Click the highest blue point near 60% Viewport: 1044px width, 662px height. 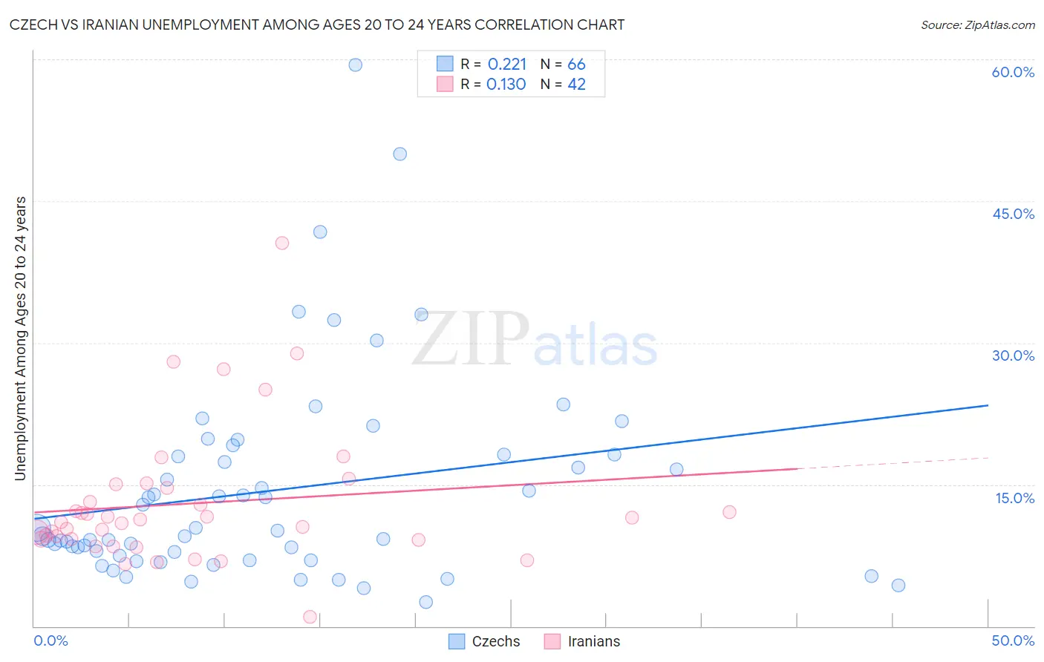coord(356,65)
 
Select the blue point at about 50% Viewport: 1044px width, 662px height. coord(400,154)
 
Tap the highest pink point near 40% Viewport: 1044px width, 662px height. coord(282,243)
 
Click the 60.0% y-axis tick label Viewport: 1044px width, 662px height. coord(1013,72)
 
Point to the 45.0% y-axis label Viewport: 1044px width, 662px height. coord(1013,214)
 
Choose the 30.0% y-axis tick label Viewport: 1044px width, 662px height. coord(1013,355)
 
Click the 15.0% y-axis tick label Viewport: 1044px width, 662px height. coord(1014,498)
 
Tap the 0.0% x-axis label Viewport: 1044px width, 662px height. coord(50,640)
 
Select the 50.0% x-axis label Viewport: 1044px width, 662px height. coord(1013,640)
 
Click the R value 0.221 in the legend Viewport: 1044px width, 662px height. coord(507,65)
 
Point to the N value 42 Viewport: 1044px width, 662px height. coord(576,85)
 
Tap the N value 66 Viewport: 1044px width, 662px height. coord(576,65)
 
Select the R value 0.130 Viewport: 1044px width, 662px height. coord(506,85)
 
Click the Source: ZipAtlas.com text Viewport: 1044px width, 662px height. coord(977,25)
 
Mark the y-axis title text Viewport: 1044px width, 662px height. coord(20,338)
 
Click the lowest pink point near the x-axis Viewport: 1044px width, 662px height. coord(310,617)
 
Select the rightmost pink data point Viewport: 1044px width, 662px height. coord(729,512)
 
